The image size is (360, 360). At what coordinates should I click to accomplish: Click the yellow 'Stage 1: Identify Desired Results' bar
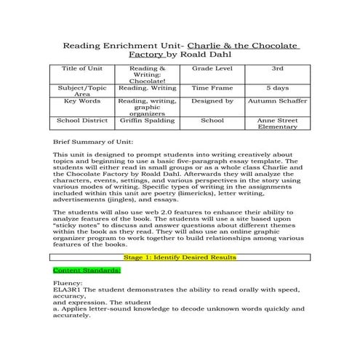[x=180, y=257]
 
